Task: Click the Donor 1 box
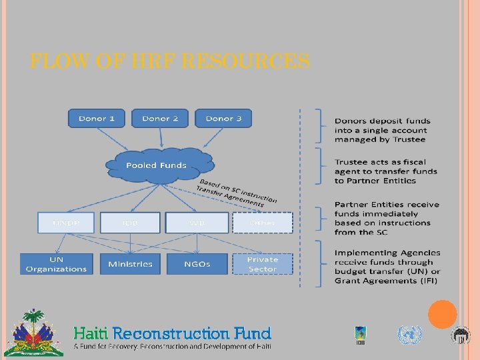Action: [97, 119]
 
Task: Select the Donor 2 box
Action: [160, 119]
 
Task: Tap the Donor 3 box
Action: [223, 119]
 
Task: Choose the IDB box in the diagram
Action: [130, 223]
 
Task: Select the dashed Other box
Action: [263, 223]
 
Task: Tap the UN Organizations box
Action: [57, 264]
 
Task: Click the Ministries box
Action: [130, 264]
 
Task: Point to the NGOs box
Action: [197, 264]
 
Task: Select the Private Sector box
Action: [263, 264]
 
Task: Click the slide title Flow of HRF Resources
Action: [170, 62]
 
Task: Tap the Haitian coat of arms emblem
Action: [34, 333]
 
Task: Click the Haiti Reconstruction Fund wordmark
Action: [172, 333]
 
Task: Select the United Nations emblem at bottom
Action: [409, 335]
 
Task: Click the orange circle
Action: [442, 315]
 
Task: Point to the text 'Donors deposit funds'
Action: [382, 121]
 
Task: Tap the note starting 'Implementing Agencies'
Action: [387, 267]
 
